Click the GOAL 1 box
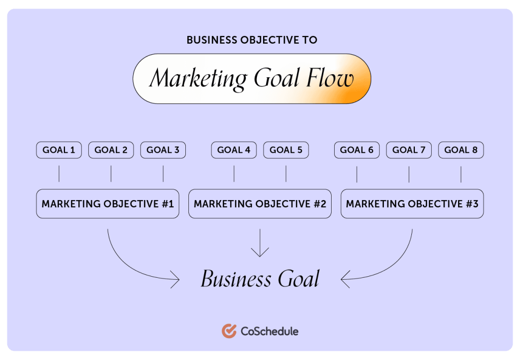59,150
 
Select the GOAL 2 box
111,150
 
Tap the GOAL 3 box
163,150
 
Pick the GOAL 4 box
234,150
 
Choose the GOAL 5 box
286,150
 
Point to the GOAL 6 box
357,150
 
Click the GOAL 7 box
409,150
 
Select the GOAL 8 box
461,150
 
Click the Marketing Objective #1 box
108,204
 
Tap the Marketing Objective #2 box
260,204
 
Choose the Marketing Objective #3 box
412,204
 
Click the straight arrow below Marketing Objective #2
260,243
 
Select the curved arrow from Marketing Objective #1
125,265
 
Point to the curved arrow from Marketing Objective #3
395,265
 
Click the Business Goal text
260,278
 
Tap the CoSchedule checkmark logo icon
229,331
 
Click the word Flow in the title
330,78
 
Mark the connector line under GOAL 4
234,174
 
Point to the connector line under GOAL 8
461,174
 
